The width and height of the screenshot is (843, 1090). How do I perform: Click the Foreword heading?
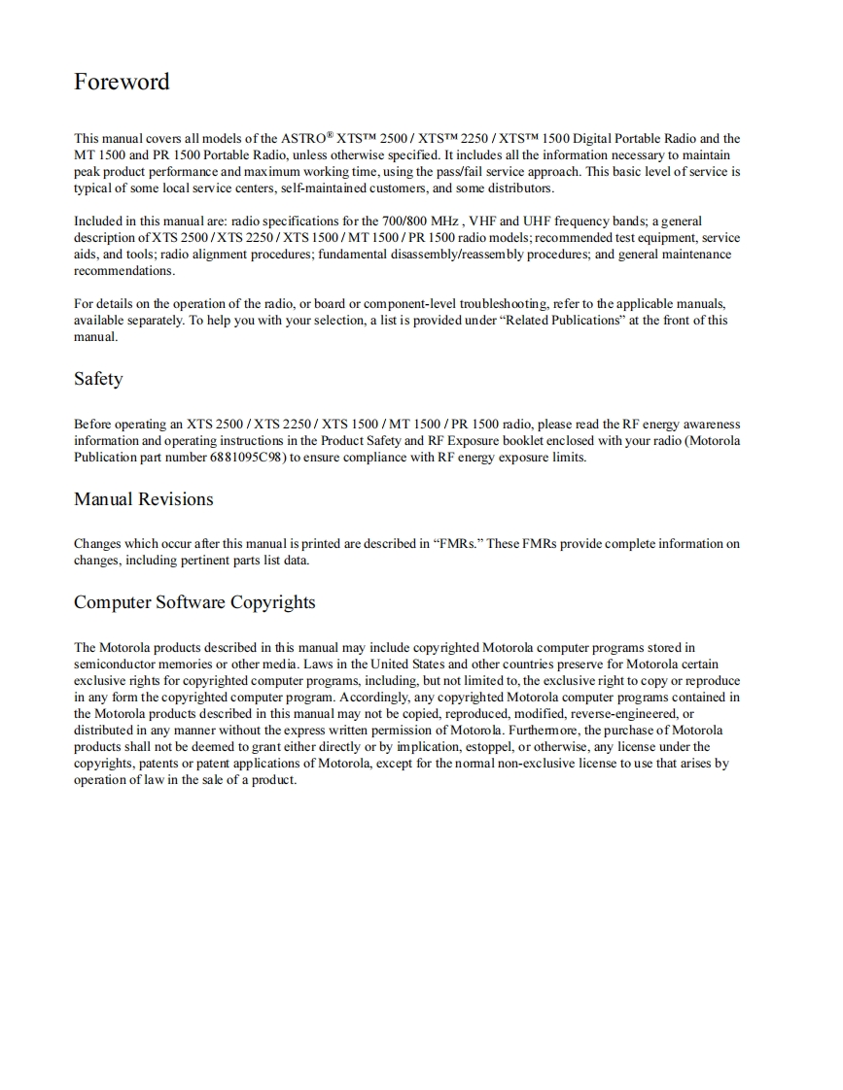pos(122,82)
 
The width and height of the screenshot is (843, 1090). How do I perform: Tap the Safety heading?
pos(98,379)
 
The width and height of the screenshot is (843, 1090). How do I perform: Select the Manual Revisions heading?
pos(143,499)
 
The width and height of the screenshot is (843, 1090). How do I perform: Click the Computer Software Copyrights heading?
pos(194,602)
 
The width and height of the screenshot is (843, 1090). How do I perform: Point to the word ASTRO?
pos(306,139)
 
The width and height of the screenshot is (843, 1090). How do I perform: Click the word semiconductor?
pos(113,664)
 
